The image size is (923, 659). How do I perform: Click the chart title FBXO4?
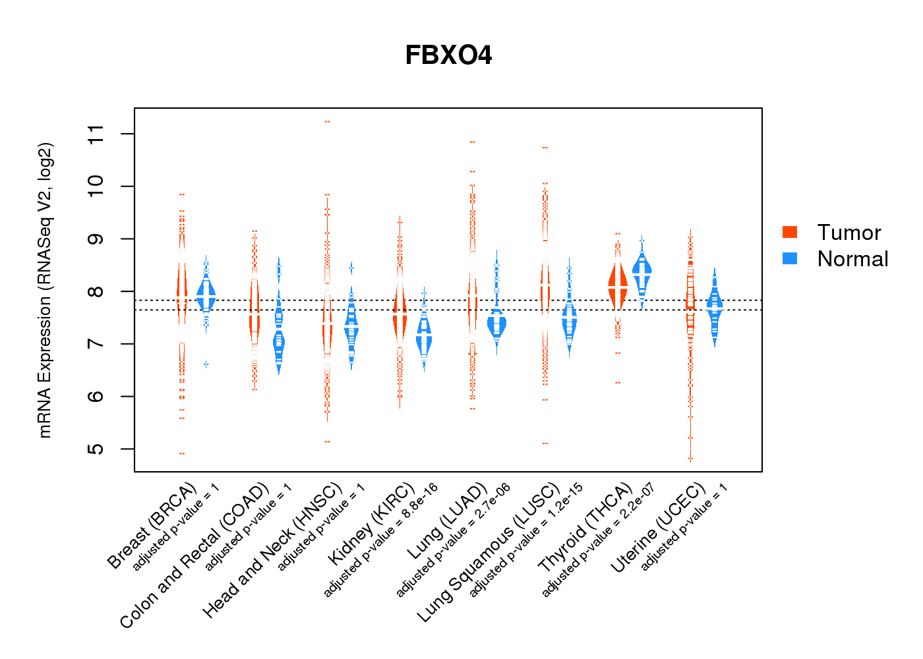pyautogui.click(x=448, y=55)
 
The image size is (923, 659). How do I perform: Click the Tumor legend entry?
pyautogui.click(x=849, y=233)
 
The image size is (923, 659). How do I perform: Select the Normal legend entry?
pyautogui.click(x=852, y=259)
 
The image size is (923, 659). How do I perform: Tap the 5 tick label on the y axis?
pyautogui.click(x=96, y=449)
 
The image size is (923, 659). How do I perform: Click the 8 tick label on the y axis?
pyautogui.click(x=96, y=291)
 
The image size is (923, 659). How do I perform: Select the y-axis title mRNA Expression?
pyautogui.click(x=45, y=290)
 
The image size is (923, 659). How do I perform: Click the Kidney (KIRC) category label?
pyautogui.click(x=371, y=525)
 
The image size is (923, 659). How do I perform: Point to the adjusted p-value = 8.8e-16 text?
pyautogui.click(x=381, y=540)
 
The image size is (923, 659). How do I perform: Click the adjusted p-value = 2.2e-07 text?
pyautogui.click(x=598, y=540)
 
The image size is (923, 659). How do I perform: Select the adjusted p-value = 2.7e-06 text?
pyautogui.click(x=454, y=540)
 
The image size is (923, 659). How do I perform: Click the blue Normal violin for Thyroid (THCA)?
pyautogui.click(x=641, y=270)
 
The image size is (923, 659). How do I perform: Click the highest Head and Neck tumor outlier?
pyautogui.click(x=327, y=122)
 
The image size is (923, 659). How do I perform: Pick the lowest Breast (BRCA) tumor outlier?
pyautogui.click(x=182, y=453)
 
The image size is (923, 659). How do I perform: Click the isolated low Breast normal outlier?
pyautogui.click(x=206, y=364)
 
